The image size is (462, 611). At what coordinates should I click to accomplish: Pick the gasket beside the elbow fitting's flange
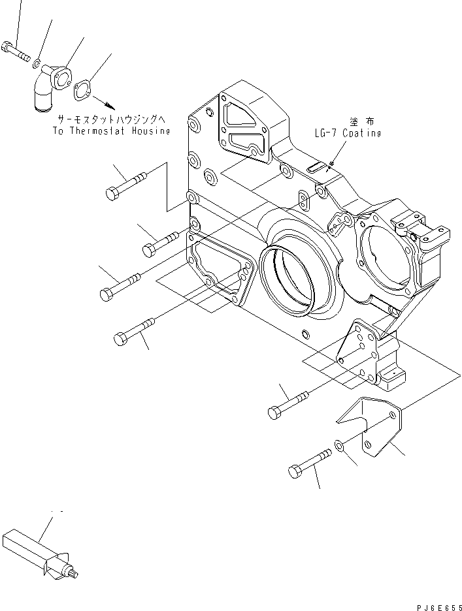[x=83, y=90]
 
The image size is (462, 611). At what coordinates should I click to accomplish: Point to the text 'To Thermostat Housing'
[x=110, y=131]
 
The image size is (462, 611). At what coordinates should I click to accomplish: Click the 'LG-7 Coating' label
[x=346, y=133]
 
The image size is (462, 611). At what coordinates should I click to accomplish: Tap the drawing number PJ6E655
[x=437, y=604]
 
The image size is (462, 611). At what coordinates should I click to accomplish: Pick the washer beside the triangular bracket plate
[x=339, y=445]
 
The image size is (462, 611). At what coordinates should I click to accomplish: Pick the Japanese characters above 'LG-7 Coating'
[x=358, y=121]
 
